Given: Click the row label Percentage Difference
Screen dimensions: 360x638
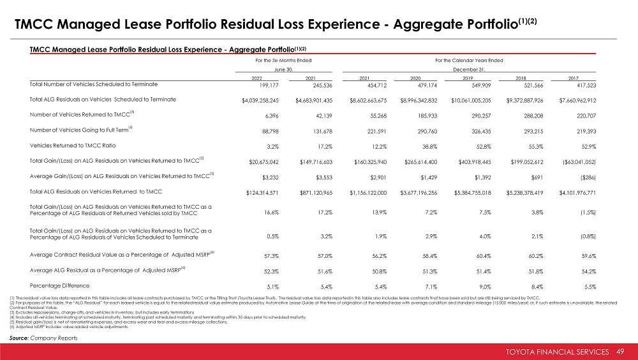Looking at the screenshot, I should coord(59,285).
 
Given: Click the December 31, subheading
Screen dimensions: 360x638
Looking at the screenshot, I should coord(469,68).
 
